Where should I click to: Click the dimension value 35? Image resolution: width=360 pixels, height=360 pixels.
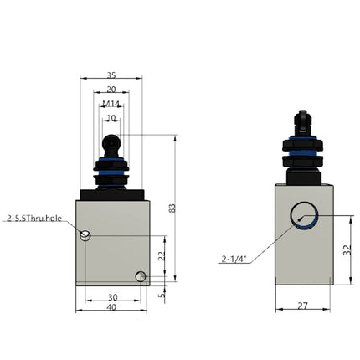click(111, 75)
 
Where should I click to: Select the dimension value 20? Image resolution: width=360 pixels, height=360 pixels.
click(111, 90)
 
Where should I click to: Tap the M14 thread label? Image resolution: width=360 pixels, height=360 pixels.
click(111, 104)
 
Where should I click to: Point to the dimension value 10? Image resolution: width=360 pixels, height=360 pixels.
click(111, 118)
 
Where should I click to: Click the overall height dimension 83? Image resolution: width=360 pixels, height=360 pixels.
click(172, 208)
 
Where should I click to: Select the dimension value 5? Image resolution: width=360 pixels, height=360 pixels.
click(162, 293)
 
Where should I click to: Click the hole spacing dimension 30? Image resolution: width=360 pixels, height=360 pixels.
click(112, 297)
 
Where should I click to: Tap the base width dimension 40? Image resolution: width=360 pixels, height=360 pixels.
click(112, 308)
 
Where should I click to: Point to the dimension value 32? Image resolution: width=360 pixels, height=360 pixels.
click(347, 249)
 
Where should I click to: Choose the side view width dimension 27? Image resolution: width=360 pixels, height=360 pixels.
click(302, 306)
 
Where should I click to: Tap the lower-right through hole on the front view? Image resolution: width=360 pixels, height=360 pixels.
click(141, 276)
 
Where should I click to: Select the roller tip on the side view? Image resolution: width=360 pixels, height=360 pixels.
click(302, 122)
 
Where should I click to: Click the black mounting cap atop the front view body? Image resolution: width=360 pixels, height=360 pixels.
click(112, 194)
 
